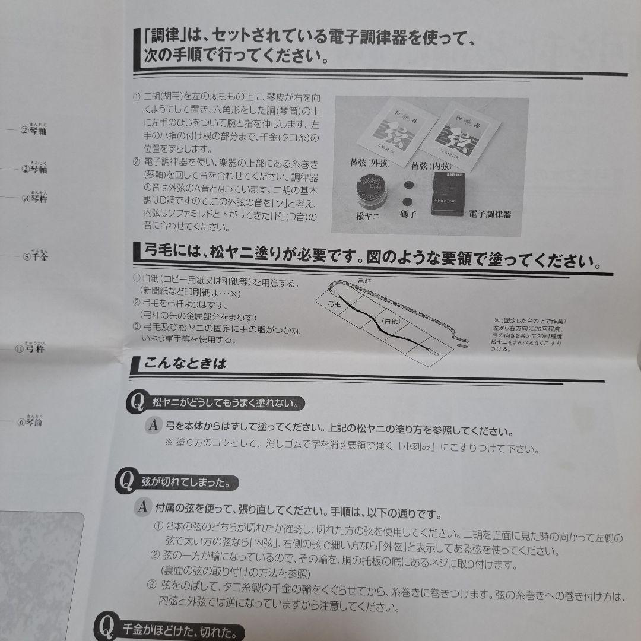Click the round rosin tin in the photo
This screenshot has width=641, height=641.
[372, 191]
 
